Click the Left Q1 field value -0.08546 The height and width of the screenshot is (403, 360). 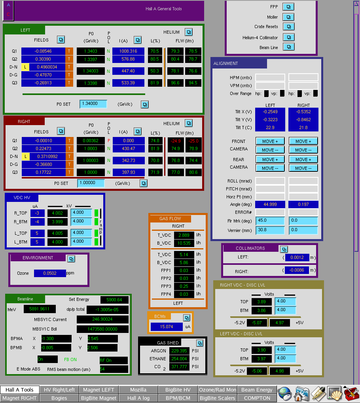coord(43,51)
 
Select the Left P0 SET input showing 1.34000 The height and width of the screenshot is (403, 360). coord(93,104)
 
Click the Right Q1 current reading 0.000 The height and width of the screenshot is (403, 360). coord(129,141)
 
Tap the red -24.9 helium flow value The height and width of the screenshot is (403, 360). coord(176,141)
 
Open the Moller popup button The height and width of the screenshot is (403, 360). coord(288,17)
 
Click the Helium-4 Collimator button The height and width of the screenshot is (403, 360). coord(289,37)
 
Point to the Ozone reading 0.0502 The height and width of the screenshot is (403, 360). coord(50,273)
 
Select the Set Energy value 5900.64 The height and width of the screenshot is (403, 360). coord(114,300)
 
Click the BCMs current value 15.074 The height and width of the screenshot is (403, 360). coord(167,327)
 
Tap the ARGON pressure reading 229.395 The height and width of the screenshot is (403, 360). coord(179,351)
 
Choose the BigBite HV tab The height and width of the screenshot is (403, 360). coord(178,390)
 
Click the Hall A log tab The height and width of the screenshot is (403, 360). coord(138,398)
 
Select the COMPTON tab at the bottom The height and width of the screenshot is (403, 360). coord(257,398)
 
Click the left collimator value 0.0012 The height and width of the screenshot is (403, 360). coord(297,257)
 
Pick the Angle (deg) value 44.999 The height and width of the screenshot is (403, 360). coord(270,204)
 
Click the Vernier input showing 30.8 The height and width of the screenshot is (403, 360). coord(270,230)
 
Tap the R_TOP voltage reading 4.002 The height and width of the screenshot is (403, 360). coord(57,213)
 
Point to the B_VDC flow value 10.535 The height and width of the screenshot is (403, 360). coord(184,243)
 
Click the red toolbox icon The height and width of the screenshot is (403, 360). coord(351,394)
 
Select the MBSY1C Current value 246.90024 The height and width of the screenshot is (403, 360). coord(102,319)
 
